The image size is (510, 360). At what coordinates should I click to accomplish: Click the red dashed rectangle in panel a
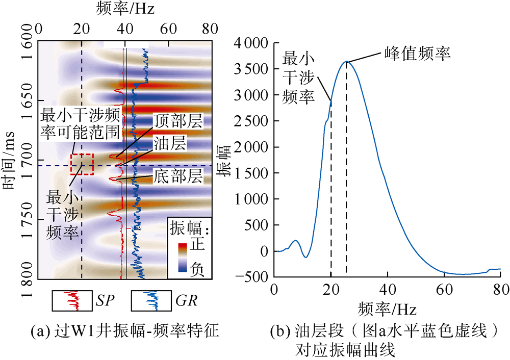coord(82,164)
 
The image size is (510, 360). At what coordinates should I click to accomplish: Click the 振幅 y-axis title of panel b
coord(223,161)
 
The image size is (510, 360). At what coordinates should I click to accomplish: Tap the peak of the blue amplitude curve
coord(346,62)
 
